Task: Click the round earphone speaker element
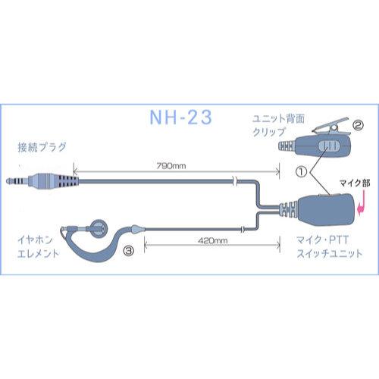[96, 227]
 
